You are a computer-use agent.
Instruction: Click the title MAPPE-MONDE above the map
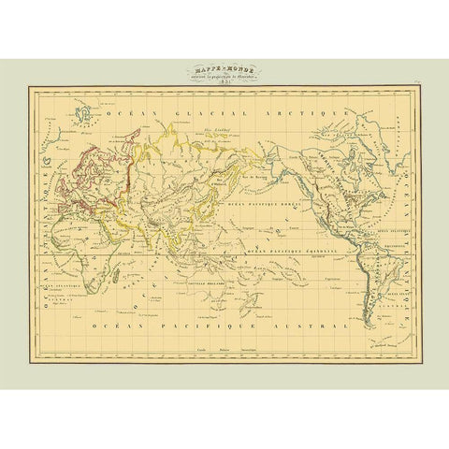224,67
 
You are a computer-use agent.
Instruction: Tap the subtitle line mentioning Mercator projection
224,75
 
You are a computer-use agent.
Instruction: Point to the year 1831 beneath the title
224,82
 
